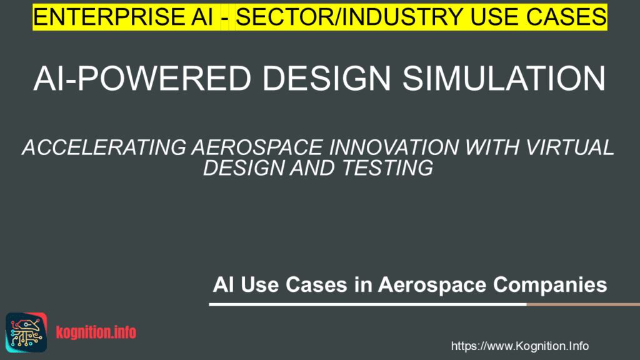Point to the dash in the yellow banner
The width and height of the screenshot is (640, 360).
coord(224,19)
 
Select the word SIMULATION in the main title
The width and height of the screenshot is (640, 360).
coord(504,78)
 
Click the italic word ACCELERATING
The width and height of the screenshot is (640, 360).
coord(104,147)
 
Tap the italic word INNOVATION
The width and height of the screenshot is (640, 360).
coord(394,147)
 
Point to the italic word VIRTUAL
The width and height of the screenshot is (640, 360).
coord(569,147)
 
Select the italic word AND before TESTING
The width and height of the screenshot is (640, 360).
coord(313,167)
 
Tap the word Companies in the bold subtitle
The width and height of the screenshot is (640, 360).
coord(550,285)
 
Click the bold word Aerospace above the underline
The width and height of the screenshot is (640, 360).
coord(432,285)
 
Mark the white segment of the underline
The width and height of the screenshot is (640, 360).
coord(367,304)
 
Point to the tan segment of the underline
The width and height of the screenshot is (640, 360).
coord(583,304)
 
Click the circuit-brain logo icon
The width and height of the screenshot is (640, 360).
coord(26,332)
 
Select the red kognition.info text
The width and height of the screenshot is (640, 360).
coord(96,332)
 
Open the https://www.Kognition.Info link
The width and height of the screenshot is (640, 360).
coord(519,346)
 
